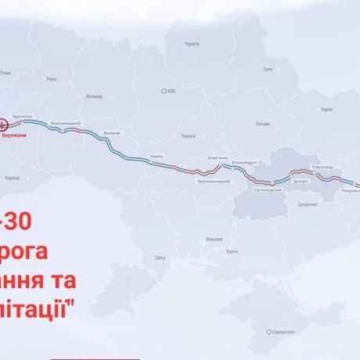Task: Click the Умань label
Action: tap(157, 157)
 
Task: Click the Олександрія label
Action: tap(244, 161)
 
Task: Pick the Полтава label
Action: tap(262, 123)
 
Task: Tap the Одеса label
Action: tap(161, 256)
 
